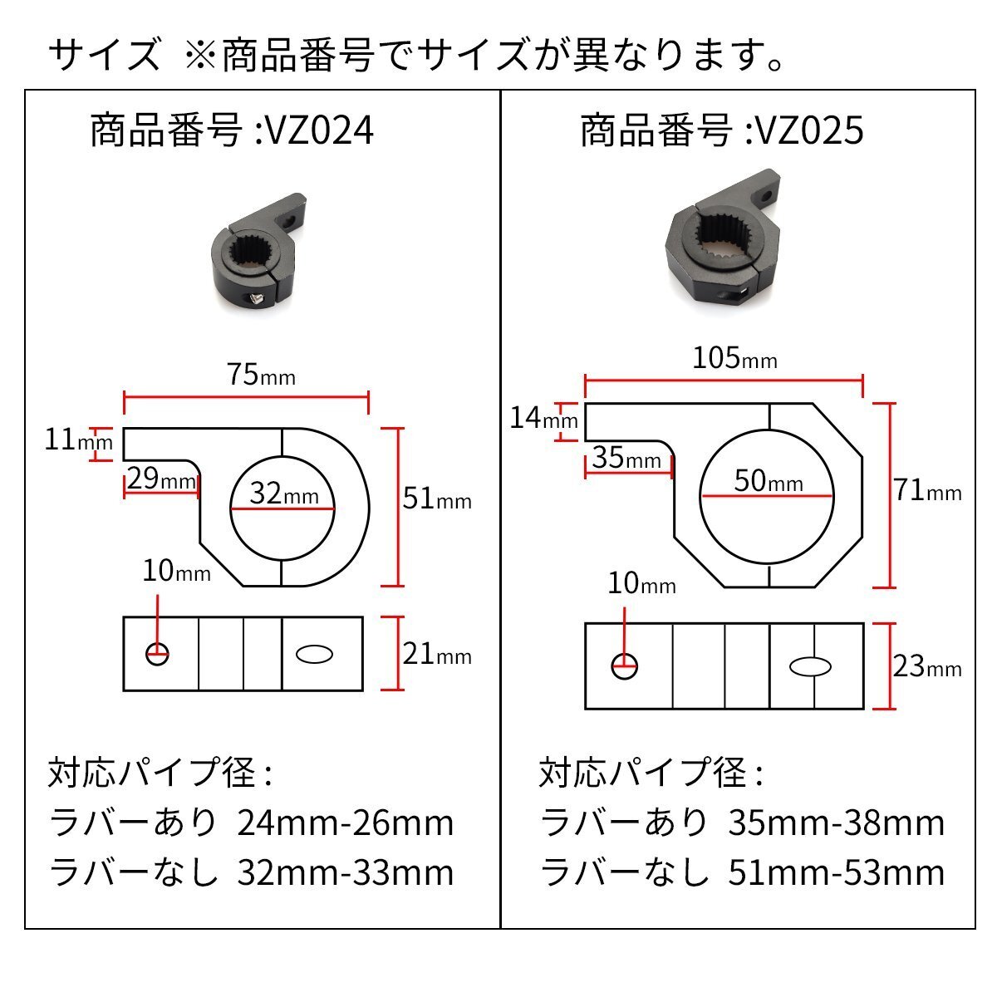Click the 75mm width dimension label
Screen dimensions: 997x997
tap(261, 376)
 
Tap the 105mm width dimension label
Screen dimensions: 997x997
tap(734, 358)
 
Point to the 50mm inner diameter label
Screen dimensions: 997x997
tap(769, 481)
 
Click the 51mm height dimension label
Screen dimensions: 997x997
tap(436, 499)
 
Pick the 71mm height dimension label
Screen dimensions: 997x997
tap(927, 491)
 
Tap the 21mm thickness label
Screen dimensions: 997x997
tap(436, 655)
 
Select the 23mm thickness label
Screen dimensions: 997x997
tap(927, 666)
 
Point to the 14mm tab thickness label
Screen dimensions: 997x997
tap(543, 418)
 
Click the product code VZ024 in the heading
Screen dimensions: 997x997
tap(318, 131)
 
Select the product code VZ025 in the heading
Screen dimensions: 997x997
tap(808, 131)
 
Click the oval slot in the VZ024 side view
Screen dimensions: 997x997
tap(315, 655)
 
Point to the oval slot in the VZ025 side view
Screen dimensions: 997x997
tap(809, 666)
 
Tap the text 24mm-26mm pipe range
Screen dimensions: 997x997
tap(346, 823)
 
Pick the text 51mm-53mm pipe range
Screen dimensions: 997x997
tap(836, 872)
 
